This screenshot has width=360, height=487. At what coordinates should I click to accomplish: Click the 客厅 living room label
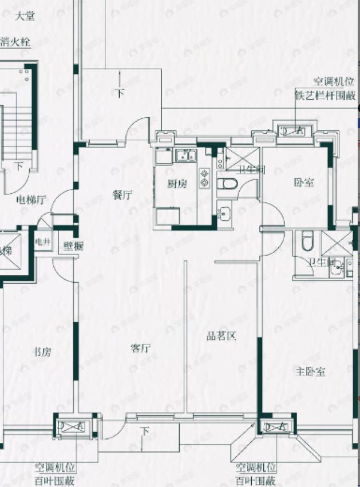coord(140,347)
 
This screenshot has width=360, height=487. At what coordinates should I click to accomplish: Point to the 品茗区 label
coord(221,336)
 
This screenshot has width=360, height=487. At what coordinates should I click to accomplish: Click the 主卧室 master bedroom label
coord(311,372)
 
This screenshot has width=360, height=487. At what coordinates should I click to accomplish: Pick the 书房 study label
coord(42,352)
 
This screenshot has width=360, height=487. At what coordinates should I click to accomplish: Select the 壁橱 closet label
coord(74,246)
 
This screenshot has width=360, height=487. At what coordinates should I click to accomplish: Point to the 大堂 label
coord(24,17)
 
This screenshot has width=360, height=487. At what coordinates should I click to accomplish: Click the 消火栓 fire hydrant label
coord(15,41)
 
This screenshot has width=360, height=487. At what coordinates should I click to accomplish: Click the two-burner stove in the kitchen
coord(204,177)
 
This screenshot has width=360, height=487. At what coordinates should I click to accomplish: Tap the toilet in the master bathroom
coord(307,240)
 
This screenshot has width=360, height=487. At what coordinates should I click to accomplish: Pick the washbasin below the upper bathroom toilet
coord(224,214)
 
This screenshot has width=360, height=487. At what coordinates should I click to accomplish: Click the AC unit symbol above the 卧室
coord(293,131)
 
